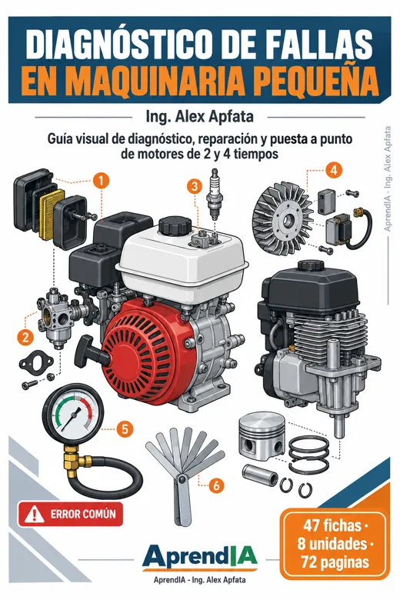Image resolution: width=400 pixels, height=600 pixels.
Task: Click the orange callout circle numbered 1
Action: [101, 181]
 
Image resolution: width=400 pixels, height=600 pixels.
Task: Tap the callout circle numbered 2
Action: [25, 337]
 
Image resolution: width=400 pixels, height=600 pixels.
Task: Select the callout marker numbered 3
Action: [195, 187]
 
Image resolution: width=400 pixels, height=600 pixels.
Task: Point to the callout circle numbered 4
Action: [334, 170]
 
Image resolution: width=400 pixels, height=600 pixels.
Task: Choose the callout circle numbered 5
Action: [125, 428]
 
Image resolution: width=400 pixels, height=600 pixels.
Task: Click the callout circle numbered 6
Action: [216, 485]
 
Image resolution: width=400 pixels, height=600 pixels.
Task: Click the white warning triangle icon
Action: [34, 514]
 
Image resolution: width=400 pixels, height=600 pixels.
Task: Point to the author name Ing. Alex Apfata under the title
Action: [199, 116]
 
